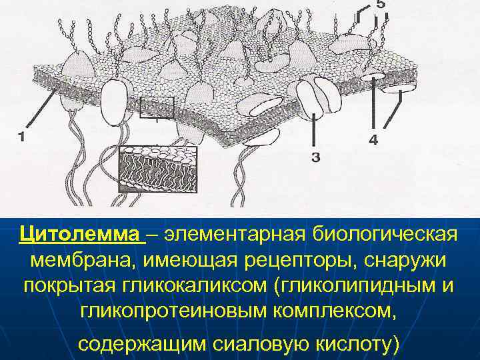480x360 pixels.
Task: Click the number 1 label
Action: tap(22, 137)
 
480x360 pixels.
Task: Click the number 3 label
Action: tap(315, 157)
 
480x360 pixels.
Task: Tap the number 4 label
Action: tap(373, 140)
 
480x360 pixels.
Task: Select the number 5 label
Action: tap(380, 5)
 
